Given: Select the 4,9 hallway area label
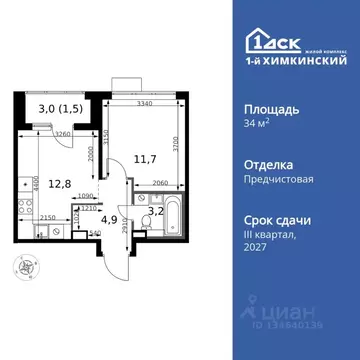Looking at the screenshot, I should [x=112, y=219].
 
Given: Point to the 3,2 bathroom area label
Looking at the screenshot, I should [x=156, y=211].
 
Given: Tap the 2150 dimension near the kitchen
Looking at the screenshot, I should [x=48, y=217].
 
